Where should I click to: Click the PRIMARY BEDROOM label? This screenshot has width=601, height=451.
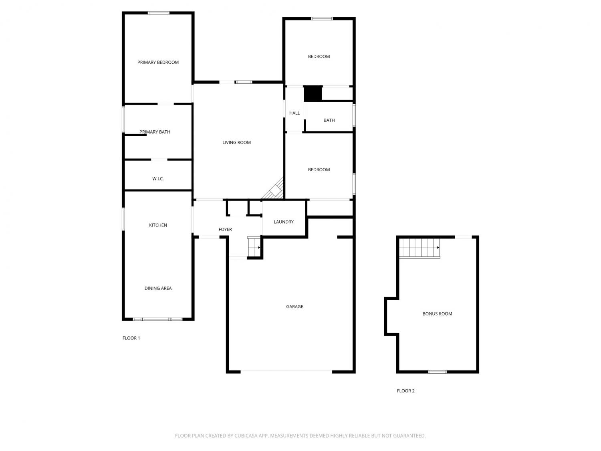click(x=158, y=63)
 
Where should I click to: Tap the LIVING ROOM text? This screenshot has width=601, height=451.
click(x=236, y=142)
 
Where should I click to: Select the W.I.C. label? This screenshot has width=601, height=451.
click(x=158, y=179)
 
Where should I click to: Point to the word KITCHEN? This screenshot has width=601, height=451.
click(x=158, y=225)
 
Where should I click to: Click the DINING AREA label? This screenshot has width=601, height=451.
click(x=158, y=288)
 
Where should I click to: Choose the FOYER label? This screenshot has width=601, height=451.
click(x=225, y=229)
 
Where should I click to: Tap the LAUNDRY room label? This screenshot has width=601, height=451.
click(x=284, y=222)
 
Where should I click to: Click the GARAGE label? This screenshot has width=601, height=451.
click(x=294, y=306)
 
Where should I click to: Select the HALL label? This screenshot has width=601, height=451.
click(x=294, y=113)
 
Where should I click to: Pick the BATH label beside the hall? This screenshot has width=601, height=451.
click(x=329, y=120)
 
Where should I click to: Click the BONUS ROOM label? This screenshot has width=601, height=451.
click(x=437, y=313)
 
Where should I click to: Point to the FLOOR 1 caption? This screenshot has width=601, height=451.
click(x=131, y=338)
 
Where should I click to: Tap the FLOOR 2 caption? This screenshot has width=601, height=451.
click(x=406, y=391)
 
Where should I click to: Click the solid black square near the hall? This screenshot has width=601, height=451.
click(x=313, y=94)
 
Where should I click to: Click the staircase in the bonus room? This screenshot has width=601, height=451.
click(x=419, y=248)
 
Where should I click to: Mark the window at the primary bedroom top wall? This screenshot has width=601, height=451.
click(x=159, y=13)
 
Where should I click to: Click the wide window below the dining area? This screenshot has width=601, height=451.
click(x=157, y=319)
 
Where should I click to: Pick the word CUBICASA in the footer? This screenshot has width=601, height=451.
click(x=246, y=436)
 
